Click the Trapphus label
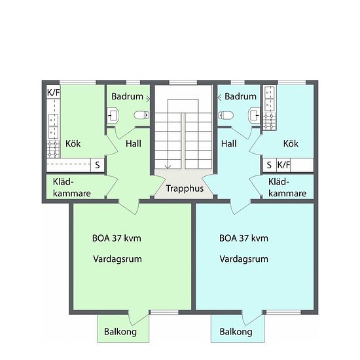click(x=185, y=189)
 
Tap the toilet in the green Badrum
click(x=141, y=115)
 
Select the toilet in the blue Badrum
click(x=226, y=115)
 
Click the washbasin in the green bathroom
click(x=113, y=115)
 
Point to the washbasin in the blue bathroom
click(x=254, y=115)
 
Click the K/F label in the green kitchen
click(x=53, y=92)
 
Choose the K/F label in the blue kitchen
click(x=284, y=165)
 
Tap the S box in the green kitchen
click(x=98, y=165)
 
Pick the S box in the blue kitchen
click(x=269, y=165)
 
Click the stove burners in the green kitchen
click(x=53, y=149)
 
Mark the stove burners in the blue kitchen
click(x=269, y=122)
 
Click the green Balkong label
click(x=120, y=332)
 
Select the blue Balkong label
click(x=236, y=332)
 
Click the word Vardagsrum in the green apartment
click(x=117, y=259)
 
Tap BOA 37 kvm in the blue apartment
click(x=243, y=238)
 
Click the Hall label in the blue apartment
click(x=228, y=144)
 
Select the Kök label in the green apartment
click(x=73, y=144)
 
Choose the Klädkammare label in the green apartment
click(x=72, y=188)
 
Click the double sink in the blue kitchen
click(x=269, y=99)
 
